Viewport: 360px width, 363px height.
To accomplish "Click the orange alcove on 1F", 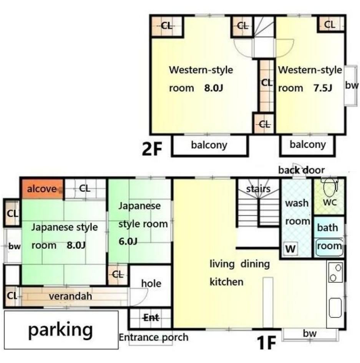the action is click(x=42, y=189).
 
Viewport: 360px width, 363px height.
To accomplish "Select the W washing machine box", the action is click(x=290, y=249).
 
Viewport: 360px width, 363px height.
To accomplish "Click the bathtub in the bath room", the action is click(x=329, y=247).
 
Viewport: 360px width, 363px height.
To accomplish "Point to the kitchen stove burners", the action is click(x=335, y=272).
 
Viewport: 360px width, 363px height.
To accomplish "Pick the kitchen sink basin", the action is click(x=335, y=307).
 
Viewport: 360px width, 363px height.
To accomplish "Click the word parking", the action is click(x=60, y=330).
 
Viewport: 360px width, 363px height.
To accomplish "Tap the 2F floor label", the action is click(x=152, y=149).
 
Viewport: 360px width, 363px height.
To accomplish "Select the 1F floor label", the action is click(x=266, y=343).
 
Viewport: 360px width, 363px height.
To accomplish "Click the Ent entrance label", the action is click(x=151, y=317).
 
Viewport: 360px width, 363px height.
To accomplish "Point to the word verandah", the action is click(x=70, y=296).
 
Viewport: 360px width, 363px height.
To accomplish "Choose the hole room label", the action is click(x=151, y=283).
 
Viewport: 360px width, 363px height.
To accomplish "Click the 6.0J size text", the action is click(x=128, y=241).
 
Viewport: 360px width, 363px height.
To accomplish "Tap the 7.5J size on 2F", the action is click(x=323, y=88).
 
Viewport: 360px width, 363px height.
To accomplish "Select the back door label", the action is click(x=301, y=170).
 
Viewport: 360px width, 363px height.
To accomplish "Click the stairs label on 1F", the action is click(x=258, y=189).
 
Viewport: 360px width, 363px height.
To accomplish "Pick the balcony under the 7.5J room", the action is click(x=308, y=145).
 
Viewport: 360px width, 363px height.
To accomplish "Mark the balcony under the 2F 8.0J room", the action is click(x=210, y=145).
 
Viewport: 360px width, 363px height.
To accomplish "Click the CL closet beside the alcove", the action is click(x=85, y=189).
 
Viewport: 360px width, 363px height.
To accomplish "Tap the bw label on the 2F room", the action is click(x=352, y=85).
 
